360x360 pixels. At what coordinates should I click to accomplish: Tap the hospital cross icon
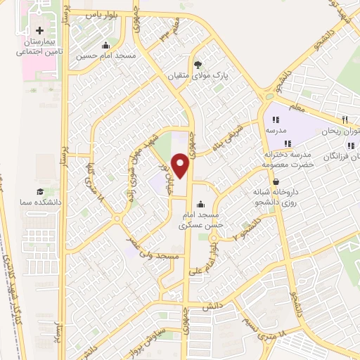(x=39, y=31)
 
